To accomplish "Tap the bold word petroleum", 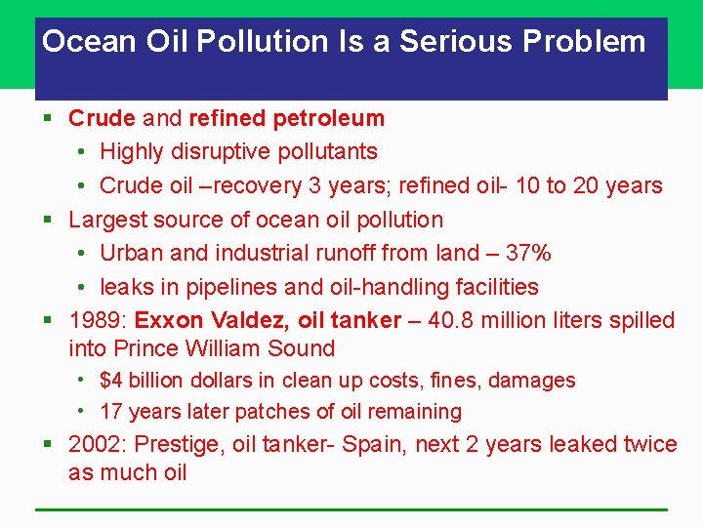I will point(329,119).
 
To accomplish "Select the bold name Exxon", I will point(168,320).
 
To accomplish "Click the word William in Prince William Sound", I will point(232,348).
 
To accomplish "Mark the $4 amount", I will point(112,381).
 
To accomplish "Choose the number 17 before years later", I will point(111,412).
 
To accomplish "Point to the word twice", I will point(647,445).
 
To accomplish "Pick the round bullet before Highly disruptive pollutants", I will point(81,152).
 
